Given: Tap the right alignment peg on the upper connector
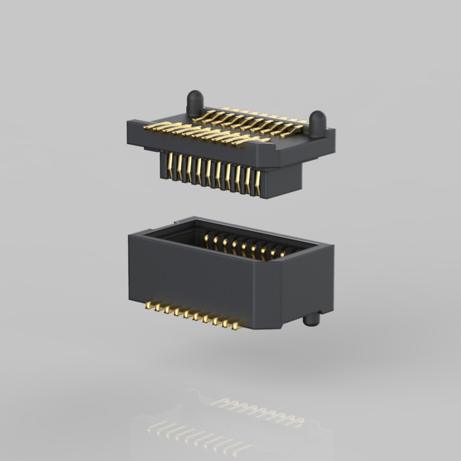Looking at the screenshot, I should click(317, 122).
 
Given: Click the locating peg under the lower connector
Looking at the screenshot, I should click(312, 319).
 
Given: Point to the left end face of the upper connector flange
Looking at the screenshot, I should click(132, 132).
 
